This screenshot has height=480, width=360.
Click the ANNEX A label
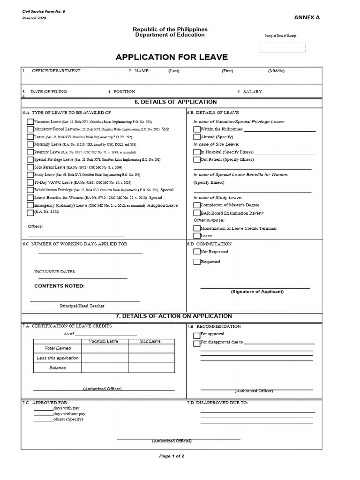307,17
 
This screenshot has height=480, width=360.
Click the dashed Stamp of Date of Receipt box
283,48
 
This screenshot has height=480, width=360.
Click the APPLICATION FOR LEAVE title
172,57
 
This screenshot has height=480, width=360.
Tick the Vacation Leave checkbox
30,121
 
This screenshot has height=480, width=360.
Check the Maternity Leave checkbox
30,144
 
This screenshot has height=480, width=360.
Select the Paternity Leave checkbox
30,152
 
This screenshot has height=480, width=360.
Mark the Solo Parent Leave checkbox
30,167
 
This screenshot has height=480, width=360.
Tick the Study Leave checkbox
30,175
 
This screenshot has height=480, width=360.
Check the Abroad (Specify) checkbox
197,137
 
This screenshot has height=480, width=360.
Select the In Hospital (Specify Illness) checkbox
197,152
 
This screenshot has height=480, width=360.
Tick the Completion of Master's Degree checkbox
197,205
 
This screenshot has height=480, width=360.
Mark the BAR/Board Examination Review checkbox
197,213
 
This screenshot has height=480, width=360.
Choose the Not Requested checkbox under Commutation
197,252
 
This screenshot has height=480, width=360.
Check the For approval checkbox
197,335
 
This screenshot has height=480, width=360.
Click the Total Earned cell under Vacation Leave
105,349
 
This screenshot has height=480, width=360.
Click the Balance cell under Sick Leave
150,368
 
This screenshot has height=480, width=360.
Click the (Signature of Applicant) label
257,292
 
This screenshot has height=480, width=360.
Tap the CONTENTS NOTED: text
60,286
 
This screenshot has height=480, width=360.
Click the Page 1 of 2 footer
172,456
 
